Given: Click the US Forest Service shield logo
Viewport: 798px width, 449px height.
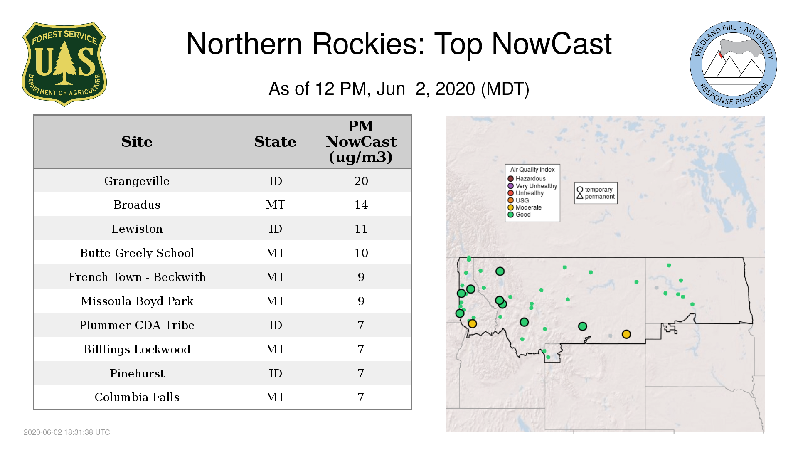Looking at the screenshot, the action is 64,64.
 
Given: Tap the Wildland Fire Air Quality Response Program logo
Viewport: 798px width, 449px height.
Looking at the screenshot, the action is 734,64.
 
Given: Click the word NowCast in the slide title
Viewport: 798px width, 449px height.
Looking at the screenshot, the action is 552,44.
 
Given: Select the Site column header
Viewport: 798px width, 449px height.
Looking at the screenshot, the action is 137,142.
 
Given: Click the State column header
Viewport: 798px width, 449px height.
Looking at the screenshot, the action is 275,142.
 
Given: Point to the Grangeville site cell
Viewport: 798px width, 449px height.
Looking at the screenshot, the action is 137,181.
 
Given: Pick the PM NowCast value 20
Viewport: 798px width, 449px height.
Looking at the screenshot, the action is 361,181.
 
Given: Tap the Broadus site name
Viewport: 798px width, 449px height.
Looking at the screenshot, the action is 137,205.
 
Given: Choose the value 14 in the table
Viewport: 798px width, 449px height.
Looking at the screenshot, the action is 361,205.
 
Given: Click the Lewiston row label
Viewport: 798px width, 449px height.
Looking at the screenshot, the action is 137,229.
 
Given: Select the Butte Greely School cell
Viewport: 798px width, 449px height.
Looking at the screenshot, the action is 137,253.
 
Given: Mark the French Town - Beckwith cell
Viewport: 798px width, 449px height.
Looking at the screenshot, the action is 137,277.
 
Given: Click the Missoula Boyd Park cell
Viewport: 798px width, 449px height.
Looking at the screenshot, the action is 137,301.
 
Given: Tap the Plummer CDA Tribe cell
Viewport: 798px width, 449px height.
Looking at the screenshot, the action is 137,325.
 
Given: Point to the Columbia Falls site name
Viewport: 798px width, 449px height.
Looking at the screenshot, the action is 137,397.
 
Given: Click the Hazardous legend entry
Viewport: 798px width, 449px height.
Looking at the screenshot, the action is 527,179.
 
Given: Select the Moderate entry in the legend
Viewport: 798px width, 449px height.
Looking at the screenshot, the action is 525,207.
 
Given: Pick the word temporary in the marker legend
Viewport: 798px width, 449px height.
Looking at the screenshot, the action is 598,190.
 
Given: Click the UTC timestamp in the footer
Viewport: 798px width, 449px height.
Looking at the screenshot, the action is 67,432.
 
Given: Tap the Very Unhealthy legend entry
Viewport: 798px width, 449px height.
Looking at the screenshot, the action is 532,186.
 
